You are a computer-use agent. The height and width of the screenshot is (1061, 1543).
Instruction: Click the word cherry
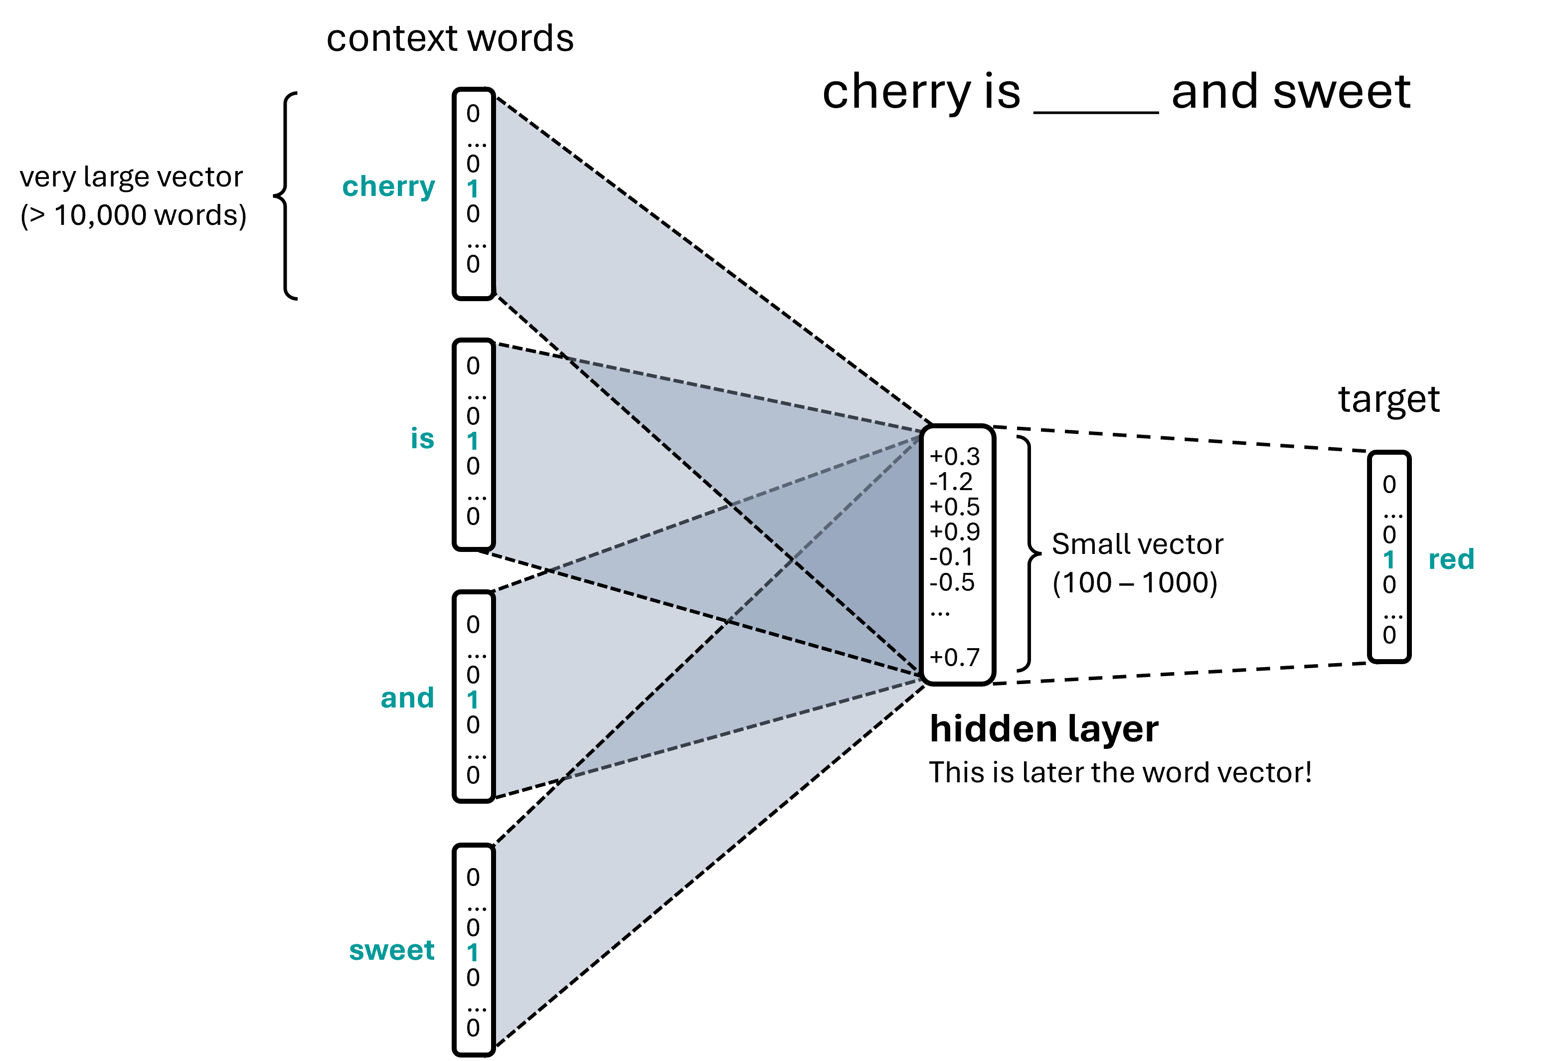coord(388,187)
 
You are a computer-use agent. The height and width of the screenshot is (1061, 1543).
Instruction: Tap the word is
coord(422,439)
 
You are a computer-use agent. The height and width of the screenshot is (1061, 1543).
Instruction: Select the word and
coord(407,698)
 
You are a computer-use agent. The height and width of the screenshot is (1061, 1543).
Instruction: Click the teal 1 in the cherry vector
coord(473,189)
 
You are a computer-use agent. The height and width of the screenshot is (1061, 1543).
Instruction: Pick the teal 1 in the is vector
coord(473,441)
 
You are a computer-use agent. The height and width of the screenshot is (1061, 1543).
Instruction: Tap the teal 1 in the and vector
coord(473,700)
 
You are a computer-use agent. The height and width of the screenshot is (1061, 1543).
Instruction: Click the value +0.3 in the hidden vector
coord(955,457)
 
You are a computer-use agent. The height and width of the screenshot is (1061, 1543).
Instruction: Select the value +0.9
coord(955,532)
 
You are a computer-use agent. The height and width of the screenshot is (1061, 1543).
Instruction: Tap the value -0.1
coord(951,557)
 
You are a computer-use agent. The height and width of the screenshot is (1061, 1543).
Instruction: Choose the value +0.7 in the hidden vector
coord(955,658)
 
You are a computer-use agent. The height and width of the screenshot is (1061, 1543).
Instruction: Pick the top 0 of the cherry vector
coord(473,114)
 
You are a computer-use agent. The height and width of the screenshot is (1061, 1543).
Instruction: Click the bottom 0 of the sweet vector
coord(473,1028)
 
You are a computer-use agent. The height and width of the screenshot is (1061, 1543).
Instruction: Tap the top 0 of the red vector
coord(1389,485)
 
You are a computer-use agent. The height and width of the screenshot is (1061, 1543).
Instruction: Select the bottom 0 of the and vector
coord(473,775)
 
